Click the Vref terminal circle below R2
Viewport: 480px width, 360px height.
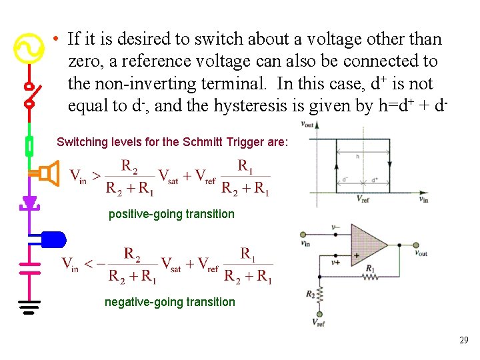tap(319, 314)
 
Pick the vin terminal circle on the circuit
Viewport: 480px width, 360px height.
tap(303, 235)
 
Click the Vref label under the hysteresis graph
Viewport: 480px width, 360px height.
tap(364, 199)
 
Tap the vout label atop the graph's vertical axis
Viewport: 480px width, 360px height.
tap(307, 124)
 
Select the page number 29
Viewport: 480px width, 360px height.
tap(464, 341)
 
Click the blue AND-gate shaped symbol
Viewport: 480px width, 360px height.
tap(52, 238)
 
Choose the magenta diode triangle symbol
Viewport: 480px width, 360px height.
tap(29, 201)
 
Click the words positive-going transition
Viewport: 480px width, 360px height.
tap(171, 214)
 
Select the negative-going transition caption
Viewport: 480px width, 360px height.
tap(170, 302)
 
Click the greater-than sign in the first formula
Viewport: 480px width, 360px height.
tap(96, 176)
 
